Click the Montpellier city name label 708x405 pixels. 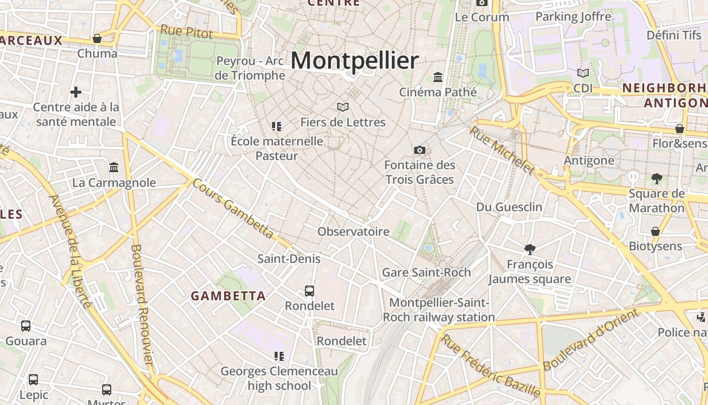355,61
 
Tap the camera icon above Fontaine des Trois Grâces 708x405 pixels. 419,150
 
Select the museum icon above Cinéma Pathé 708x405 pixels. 438,77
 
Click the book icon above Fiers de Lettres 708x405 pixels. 343,107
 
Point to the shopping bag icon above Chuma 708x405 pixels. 97,38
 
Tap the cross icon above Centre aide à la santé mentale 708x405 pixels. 76,92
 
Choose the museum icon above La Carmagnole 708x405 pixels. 114,167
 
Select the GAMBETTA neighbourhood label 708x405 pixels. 228,296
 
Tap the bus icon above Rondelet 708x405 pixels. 309,291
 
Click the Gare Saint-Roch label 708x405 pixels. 426,272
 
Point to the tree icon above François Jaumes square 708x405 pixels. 530,249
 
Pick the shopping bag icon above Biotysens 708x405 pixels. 655,231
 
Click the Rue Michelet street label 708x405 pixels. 502,150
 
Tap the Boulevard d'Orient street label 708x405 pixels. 590,340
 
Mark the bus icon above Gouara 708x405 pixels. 26,326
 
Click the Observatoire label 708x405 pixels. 353,232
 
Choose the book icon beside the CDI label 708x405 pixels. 583,73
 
